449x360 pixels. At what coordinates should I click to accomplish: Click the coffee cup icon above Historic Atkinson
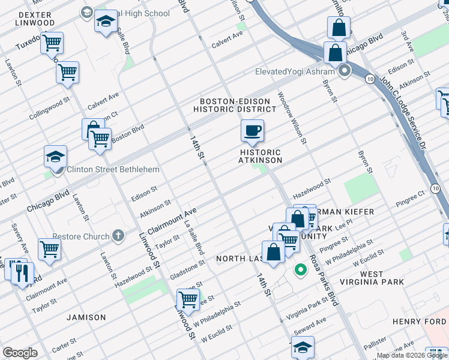[252, 130]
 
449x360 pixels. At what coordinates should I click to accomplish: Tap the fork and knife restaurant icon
[22, 274]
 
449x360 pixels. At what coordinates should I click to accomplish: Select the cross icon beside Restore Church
[118, 236]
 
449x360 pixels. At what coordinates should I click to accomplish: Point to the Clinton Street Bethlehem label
[113, 170]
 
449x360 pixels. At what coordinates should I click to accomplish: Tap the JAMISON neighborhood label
[86, 317]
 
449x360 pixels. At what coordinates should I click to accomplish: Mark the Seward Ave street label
[310, 328]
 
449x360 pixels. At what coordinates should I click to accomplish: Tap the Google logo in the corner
[20, 353]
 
